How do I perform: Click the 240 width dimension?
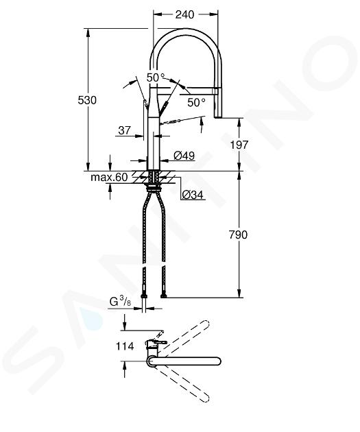pyautogui.click(x=185, y=14)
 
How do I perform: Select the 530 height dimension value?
pyautogui.click(x=87, y=100)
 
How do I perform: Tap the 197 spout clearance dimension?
pyautogui.click(x=239, y=145)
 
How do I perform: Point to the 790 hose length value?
pyautogui.click(x=238, y=235)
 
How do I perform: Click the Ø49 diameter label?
pyautogui.click(x=184, y=156)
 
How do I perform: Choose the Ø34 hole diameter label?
pyautogui.click(x=193, y=195)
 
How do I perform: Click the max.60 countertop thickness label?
pyautogui.click(x=109, y=177)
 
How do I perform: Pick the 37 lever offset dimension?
pyautogui.click(x=124, y=130)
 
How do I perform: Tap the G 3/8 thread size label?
pyautogui.click(x=121, y=301)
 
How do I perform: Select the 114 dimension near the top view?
pyautogui.click(x=125, y=346)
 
